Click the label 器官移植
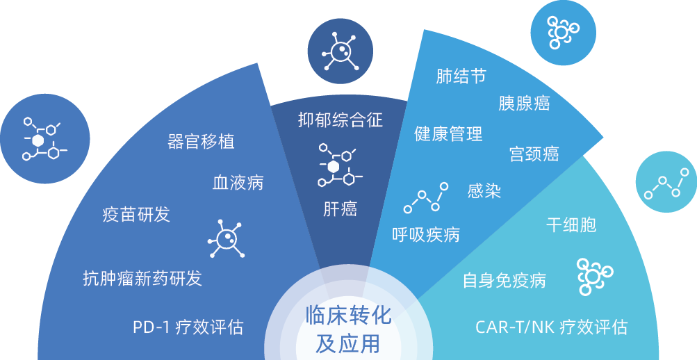point(201,141)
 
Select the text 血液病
point(238,183)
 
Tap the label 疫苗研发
point(136,214)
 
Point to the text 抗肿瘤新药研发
point(142,279)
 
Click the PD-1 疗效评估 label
point(188,327)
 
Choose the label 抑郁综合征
point(341,120)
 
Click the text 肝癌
point(341,208)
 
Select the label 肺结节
point(461,76)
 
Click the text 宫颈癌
point(534,153)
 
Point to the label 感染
point(484,190)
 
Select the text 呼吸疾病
point(426,234)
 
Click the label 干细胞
point(571,224)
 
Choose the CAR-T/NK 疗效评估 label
point(551,327)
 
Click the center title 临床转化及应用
point(348,329)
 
